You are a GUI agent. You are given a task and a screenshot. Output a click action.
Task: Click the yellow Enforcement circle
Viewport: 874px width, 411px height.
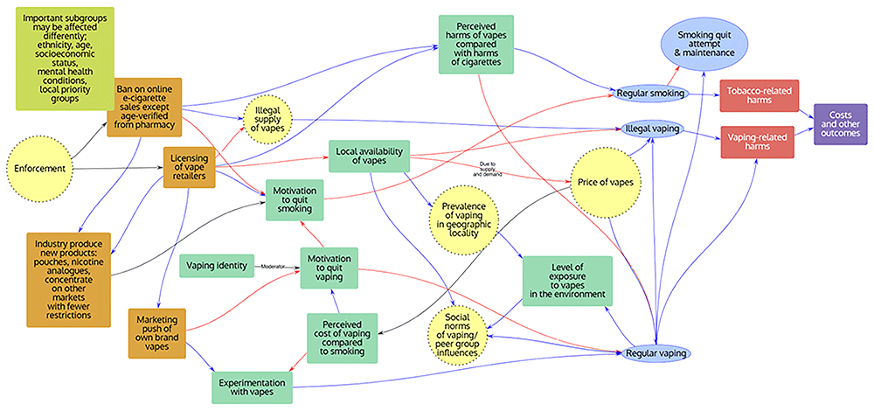tap(41, 166)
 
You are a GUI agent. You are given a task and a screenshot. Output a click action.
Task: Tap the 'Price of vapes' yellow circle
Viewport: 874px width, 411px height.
tap(604, 183)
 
